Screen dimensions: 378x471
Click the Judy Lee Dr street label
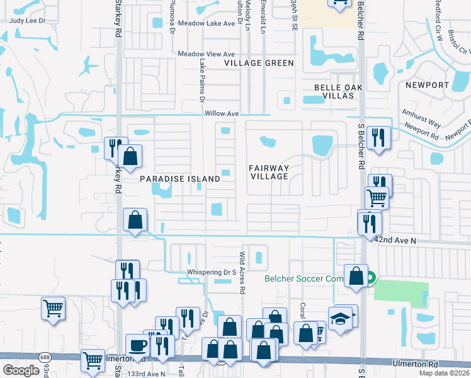point(28,20)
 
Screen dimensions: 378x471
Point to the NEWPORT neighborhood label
point(427,85)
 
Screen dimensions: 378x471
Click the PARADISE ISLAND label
point(180,179)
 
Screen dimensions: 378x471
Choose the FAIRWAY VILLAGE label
point(268,172)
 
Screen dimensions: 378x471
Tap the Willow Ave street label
point(222,113)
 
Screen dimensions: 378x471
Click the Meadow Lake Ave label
point(206,23)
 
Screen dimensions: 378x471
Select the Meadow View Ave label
point(206,54)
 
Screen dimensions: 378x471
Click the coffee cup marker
point(138,345)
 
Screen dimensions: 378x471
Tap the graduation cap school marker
point(341,317)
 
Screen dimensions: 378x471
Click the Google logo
point(21,370)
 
